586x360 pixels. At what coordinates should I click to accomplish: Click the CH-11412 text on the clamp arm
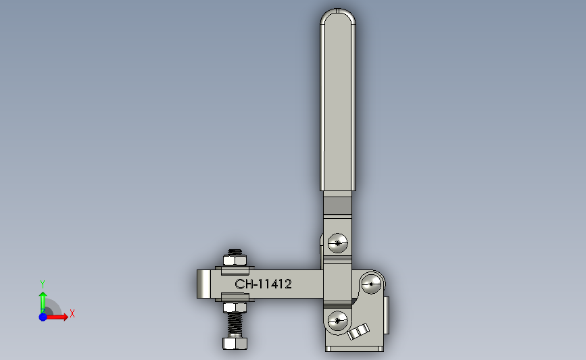tap(263, 284)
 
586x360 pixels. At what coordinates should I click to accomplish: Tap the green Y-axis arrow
tap(43, 301)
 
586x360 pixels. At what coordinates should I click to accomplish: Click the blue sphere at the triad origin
tap(43, 316)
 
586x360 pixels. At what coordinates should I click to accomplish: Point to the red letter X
tap(72, 313)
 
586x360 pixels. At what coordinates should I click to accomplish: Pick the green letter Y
tap(43, 284)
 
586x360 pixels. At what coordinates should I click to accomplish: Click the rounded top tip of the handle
tap(338, 16)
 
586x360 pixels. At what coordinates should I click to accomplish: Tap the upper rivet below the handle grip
tap(337, 242)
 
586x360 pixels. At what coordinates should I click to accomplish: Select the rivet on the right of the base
tap(371, 284)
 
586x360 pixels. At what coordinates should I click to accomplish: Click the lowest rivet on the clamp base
tap(337, 320)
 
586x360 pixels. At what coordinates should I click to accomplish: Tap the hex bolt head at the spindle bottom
tap(235, 343)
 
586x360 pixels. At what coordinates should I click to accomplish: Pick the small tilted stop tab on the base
tap(358, 332)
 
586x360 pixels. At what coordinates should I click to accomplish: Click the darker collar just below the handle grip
tap(338, 203)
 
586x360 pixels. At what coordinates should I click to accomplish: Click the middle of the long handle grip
tap(338, 101)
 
